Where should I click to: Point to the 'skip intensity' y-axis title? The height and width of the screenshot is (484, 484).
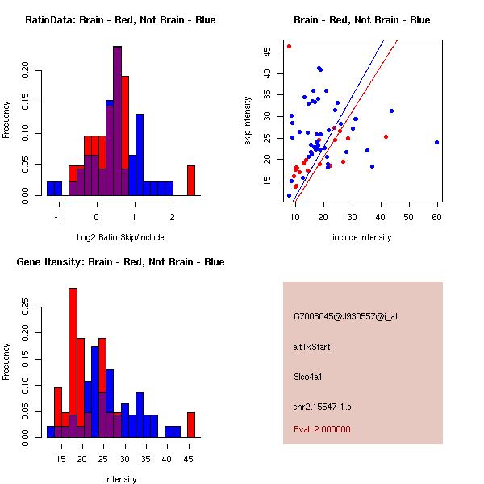tap(248, 120)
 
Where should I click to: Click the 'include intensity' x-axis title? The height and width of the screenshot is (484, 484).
tap(362, 237)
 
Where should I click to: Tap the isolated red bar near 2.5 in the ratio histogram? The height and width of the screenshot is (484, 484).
tap(191, 180)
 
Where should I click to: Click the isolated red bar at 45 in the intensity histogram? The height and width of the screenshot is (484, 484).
tap(191, 424)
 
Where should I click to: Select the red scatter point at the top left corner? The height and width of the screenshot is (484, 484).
tap(290, 46)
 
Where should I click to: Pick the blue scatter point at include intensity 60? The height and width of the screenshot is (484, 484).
tap(436, 142)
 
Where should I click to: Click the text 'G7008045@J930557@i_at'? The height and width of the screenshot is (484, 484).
tap(346, 316)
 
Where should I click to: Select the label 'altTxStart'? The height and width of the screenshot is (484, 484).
tap(312, 347)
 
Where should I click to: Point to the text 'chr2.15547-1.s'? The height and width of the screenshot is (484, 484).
tap(322, 405)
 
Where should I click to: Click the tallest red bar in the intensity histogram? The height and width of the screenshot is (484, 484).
tap(73, 363)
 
